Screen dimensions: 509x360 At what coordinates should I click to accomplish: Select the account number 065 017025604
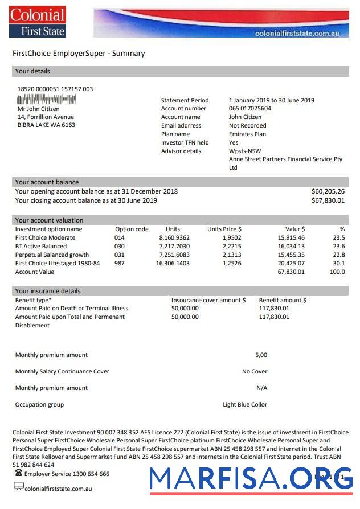click(249, 108)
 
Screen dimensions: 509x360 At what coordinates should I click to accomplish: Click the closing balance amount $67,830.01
click(328, 200)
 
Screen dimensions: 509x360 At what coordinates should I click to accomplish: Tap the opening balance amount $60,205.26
click(328, 191)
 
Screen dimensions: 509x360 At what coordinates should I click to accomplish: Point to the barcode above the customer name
click(47, 98)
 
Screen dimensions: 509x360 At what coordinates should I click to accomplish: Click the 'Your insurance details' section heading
click(48, 291)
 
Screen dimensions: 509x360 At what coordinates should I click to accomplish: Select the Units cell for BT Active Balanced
click(174, 246)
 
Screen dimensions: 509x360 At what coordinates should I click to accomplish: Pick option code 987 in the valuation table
click(119, 263)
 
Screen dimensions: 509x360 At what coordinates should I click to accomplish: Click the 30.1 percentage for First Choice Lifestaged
click(338, 263)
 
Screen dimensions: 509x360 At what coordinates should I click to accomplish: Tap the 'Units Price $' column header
click(224, 229)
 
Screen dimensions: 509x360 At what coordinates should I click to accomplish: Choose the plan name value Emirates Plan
click(247, 134)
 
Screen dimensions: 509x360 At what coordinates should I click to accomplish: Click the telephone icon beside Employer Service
click(18, 473)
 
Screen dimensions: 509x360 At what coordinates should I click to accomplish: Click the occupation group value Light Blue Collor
click(244, 404)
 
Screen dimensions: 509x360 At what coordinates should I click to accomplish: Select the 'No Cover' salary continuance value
click(254, 371)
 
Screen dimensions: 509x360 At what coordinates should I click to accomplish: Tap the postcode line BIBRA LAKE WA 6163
click(46, 125)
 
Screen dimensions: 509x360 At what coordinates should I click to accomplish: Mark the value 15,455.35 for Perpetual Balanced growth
click(291, 255)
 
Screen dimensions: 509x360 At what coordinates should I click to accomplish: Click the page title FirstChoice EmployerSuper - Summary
click(79, 54)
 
